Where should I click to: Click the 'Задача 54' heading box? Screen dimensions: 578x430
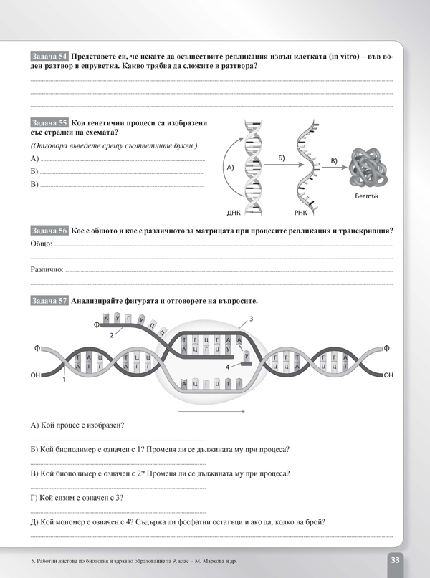(x=49, y=55)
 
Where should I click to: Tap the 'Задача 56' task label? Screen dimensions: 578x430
(x=49, y=231)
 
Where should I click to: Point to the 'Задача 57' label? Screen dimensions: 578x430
(x=49, y=301)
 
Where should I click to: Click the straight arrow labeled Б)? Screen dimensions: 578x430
(x=280, y=163)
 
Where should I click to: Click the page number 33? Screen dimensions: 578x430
(x=397, y=559)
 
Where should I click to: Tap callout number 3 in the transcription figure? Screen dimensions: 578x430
(x=251, y=319)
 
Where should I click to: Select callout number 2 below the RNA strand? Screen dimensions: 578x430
(x=112, y=334)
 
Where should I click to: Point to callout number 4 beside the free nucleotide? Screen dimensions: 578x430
(x=228, y=367)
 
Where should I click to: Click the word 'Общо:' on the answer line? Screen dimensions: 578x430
(x=42, y=244)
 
